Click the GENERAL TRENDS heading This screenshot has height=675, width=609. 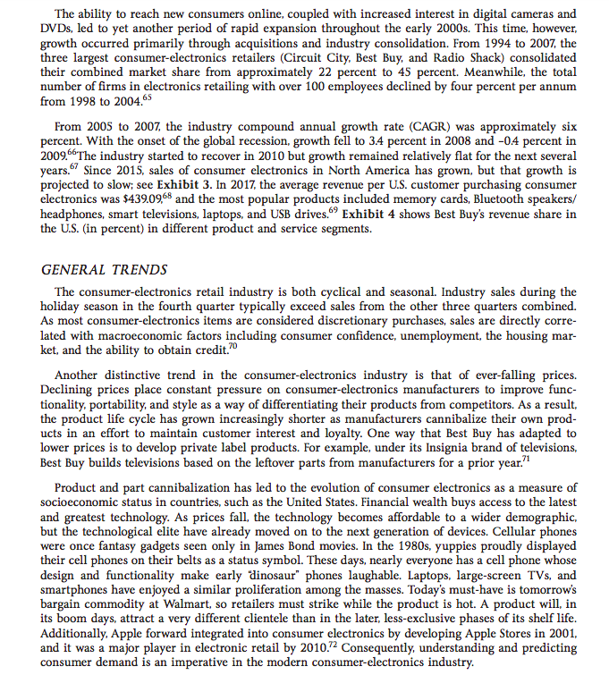[104, 269]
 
